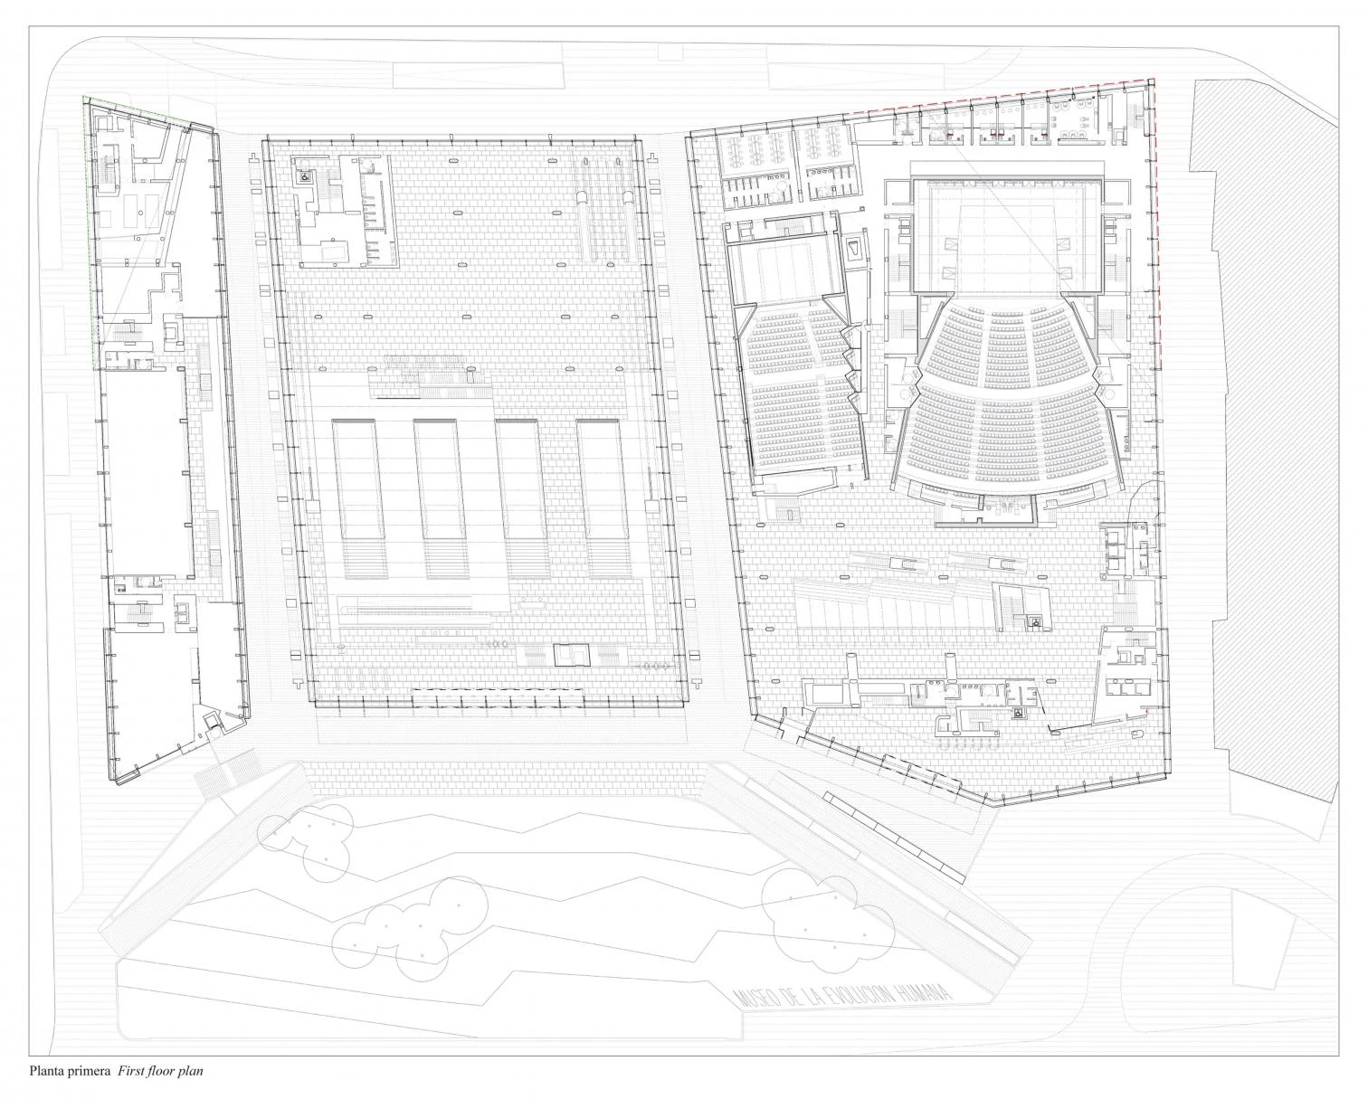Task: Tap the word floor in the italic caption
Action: coord(157,1071)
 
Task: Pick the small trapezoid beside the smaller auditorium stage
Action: coord(855,248)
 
